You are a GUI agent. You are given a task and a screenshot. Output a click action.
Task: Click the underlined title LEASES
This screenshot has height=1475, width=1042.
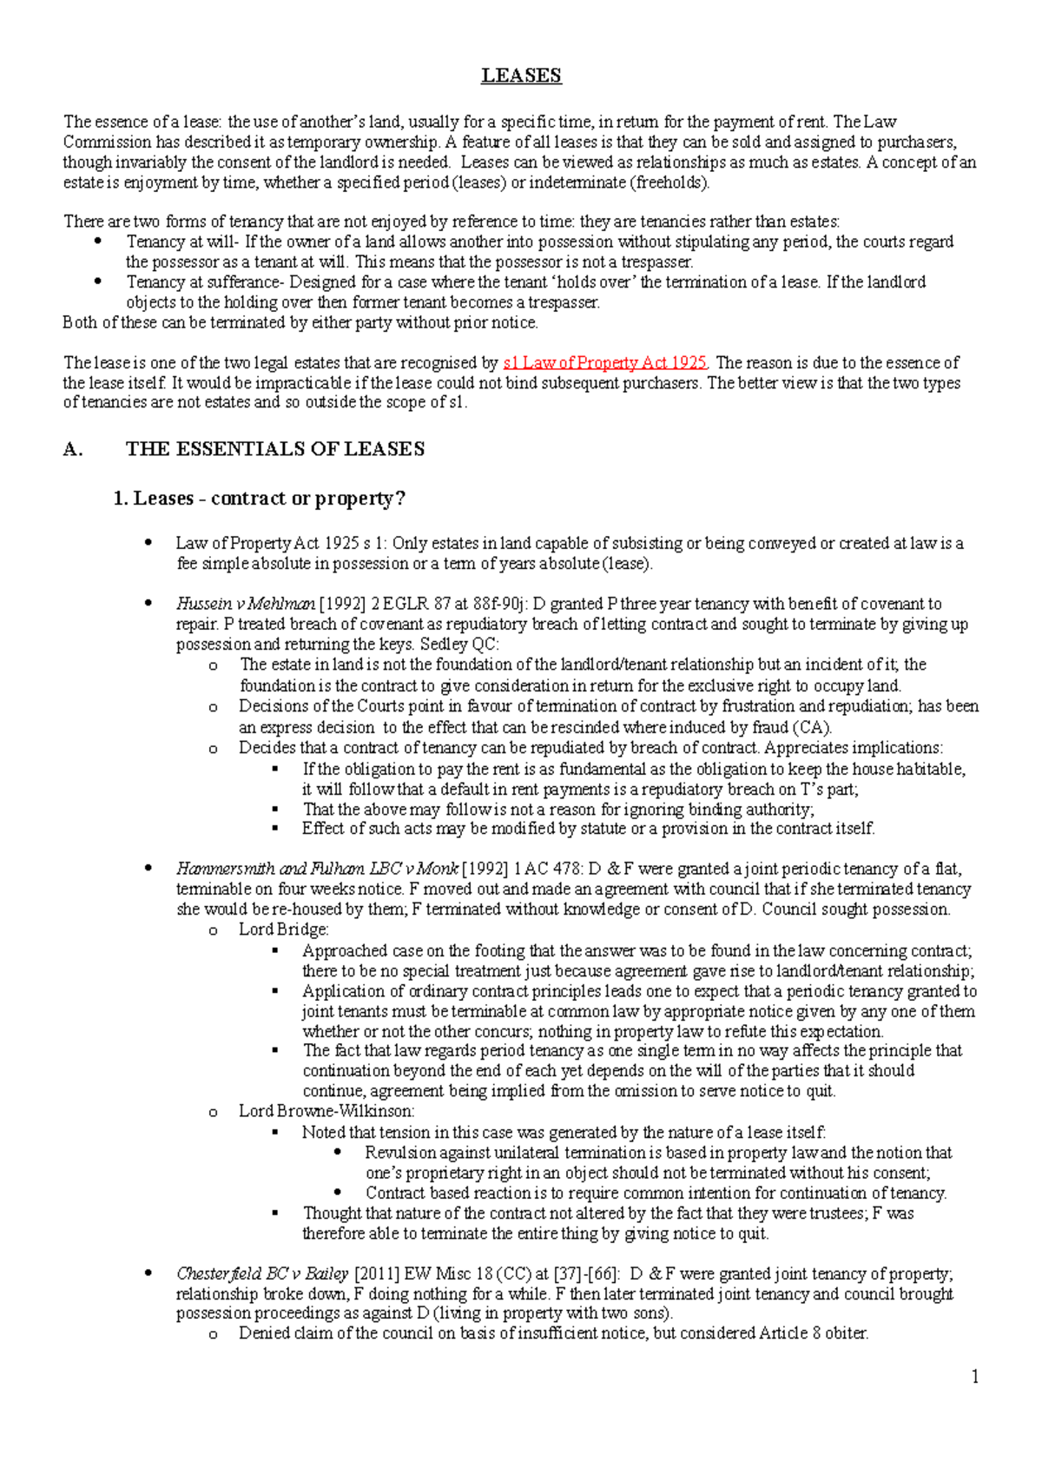(521, 76)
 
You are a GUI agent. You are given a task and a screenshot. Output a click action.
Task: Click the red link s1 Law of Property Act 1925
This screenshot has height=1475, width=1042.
(605, 363)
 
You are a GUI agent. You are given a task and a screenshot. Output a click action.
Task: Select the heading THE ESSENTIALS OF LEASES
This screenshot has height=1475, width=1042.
(275, 449)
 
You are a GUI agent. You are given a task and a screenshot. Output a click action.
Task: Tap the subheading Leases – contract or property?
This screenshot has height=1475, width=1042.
(260, 499)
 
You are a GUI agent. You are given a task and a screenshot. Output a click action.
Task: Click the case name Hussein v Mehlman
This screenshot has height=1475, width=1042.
(246, 604)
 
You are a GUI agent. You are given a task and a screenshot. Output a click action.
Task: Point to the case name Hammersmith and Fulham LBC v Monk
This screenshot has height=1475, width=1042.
(317, 869)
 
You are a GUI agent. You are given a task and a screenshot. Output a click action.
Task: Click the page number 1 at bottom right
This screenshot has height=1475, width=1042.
(975, 1377)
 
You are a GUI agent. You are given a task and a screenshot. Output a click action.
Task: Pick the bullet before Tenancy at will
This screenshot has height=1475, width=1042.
(98, 241)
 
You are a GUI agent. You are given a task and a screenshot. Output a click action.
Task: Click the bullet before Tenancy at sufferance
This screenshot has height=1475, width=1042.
(98, 281)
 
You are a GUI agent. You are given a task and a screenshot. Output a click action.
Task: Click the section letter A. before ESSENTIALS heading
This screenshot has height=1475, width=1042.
(73, 449)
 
